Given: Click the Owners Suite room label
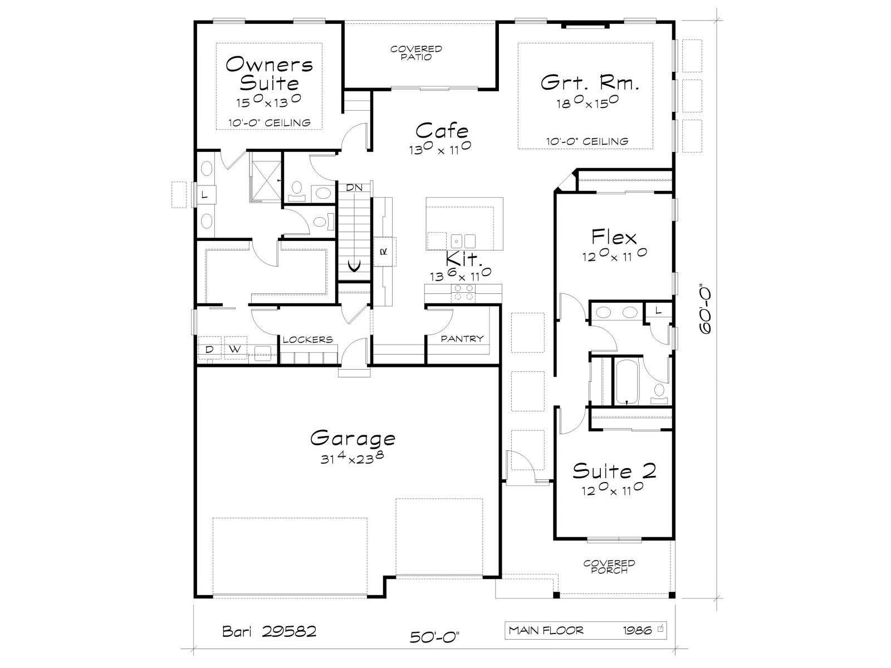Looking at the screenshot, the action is (269, 74).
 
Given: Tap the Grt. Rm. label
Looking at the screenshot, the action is (590, 83).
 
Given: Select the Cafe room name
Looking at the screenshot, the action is (442, 131).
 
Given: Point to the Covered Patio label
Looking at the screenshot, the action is (416, 53).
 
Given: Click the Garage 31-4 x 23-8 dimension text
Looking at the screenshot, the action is (352, 458).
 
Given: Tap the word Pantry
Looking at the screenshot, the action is (462, 338).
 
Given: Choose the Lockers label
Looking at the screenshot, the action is (308, 340).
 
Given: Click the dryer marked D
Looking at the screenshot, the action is (209, 349).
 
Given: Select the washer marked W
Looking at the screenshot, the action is (236, 349).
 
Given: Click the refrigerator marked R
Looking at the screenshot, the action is (384, 252).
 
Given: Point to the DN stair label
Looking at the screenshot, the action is (354, 188).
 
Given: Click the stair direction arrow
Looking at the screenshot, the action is (355, 267).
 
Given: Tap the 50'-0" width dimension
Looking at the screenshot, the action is (434, 637).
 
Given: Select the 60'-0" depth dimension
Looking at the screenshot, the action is (706, 310).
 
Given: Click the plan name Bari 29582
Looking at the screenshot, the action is (269, 631).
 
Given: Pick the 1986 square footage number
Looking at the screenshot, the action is (637, 630).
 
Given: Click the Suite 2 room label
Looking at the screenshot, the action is (614, 471).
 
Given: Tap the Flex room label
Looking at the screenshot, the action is (614, 237).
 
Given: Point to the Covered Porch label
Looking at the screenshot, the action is (609, 567).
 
